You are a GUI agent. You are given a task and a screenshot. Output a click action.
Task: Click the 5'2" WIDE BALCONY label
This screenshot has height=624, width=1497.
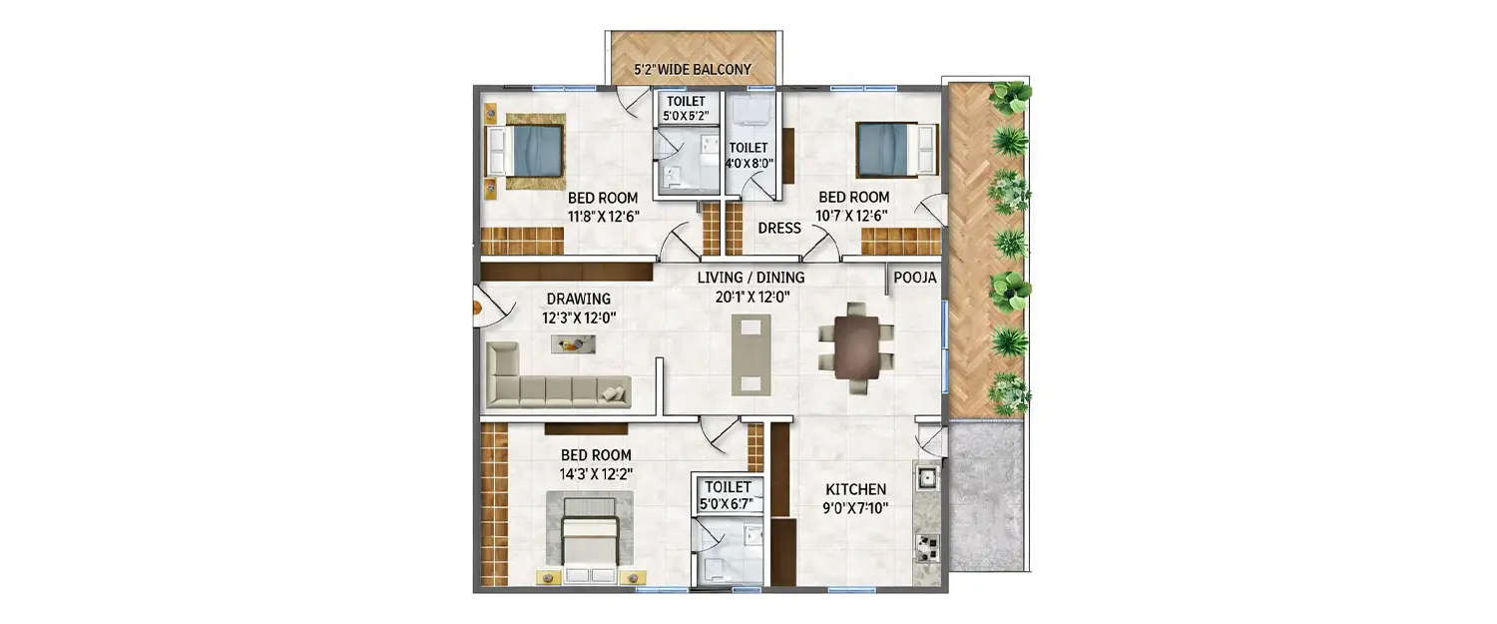[692, 71]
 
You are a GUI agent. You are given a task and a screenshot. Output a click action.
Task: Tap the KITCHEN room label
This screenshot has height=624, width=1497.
[855, 489]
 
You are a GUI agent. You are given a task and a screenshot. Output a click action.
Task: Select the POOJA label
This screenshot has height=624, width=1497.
[914, 279]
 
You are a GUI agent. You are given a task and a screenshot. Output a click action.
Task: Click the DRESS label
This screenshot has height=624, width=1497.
[778, 228]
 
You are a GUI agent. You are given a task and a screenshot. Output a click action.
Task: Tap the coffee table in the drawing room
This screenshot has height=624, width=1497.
[573, 343]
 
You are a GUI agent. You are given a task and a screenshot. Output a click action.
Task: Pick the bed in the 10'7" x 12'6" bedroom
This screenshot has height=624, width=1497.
[896, 149]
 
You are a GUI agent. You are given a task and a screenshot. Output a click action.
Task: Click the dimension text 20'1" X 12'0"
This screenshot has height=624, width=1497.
[750, 298]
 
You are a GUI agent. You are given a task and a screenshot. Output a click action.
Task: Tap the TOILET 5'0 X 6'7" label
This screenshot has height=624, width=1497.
[728, 496]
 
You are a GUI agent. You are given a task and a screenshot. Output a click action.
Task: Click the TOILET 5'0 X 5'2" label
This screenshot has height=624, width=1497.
[685, 109]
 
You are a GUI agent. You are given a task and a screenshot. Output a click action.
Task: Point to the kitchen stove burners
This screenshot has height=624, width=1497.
[927, 547]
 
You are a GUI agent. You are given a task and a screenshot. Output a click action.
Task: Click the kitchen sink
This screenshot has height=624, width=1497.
[925, 478]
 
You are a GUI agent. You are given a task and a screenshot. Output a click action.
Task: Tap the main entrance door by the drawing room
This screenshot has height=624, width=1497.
[486, 308]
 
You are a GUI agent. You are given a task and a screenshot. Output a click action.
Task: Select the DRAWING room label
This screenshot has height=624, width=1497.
[578, 299]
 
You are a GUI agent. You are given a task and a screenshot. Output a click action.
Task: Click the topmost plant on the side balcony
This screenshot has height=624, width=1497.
[1011, 97]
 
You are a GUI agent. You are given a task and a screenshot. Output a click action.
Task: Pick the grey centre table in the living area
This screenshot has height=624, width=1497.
[750, 354]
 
